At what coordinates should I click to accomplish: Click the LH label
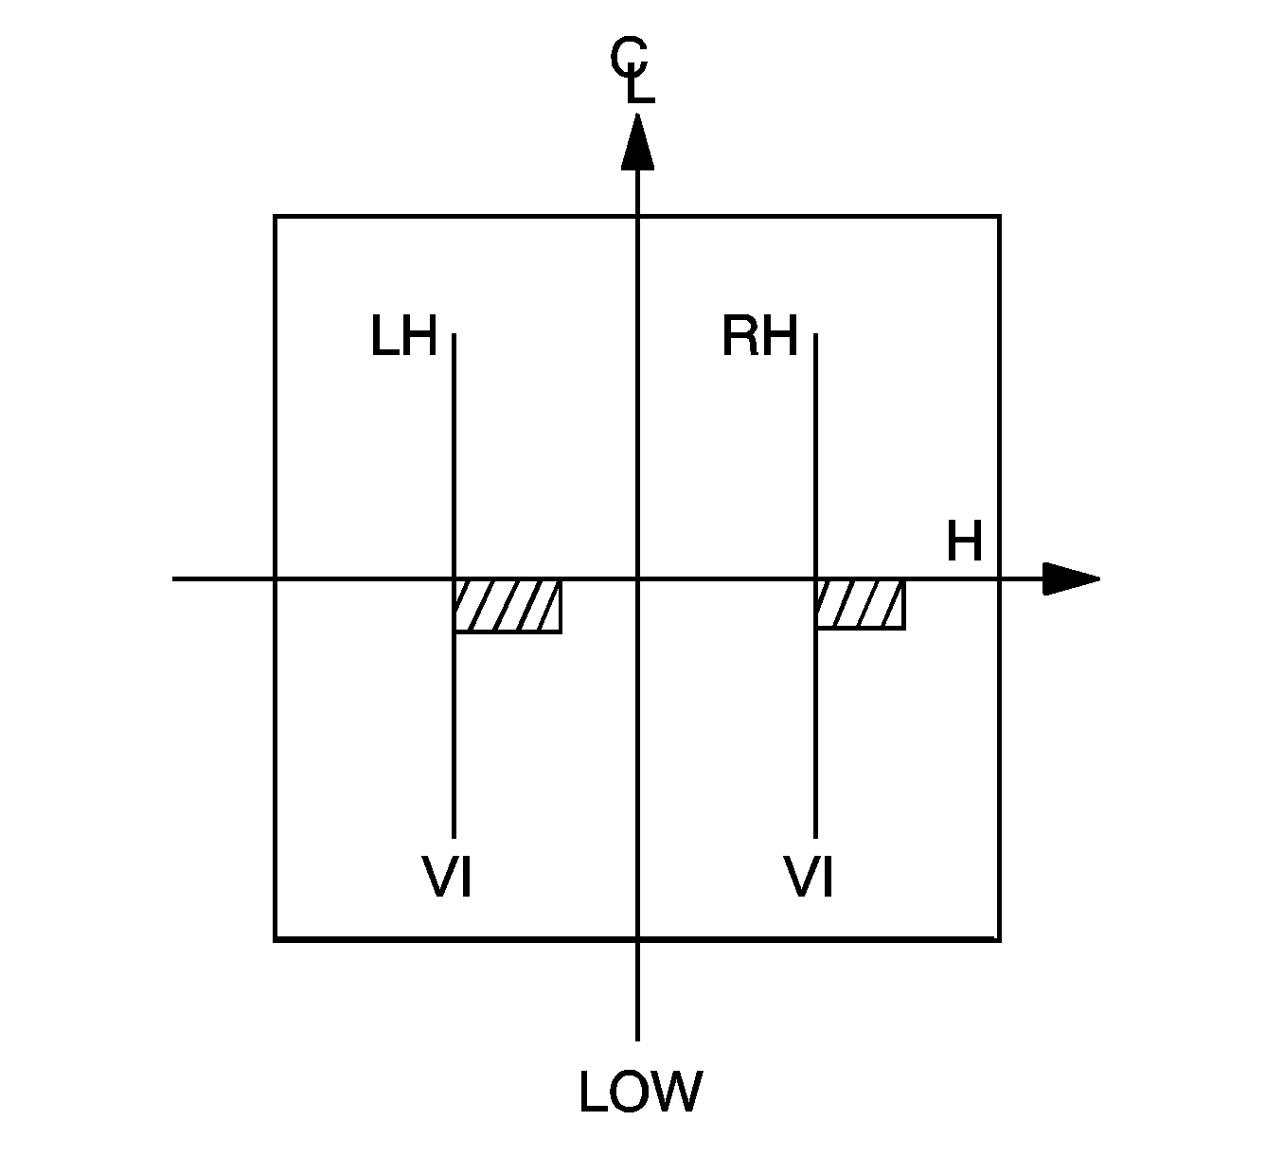coord(403,337)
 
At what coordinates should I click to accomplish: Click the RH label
coord(759,337)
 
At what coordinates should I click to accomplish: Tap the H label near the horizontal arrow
coord(964,543)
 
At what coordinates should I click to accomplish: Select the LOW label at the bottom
coord(640,1092)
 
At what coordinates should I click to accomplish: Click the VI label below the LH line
coord(446,877)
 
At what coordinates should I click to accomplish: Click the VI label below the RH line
coord(810,877)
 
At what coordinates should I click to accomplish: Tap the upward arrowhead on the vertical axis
coord(637,142)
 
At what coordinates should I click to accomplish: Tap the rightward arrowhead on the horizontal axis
coord(1070,578)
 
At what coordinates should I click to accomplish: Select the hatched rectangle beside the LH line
coord(508,606)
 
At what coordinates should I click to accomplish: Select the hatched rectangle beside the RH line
coord(860,604)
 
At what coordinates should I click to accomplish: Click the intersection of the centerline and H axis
coord(637,578)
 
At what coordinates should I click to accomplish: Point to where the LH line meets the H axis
coord(454,578)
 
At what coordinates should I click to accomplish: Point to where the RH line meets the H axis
coord(815,578)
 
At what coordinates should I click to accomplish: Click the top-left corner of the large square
coord(276,217)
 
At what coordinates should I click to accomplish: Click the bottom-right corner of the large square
coord(999,939)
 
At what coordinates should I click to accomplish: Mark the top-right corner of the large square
coord(999,217)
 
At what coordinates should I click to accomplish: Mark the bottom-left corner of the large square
coord(276,939)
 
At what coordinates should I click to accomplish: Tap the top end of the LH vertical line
coord(454,334)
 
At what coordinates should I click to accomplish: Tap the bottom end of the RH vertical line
coord(815,837)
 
